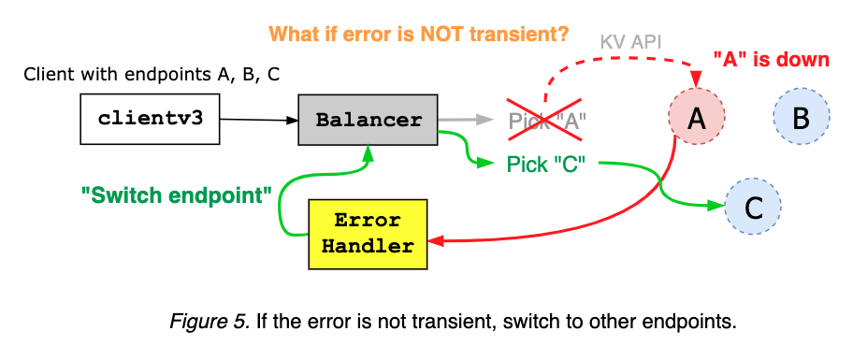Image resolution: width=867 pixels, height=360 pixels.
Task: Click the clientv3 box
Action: tap(150, 120)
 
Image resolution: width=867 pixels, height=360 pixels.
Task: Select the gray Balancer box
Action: tap(368, 120)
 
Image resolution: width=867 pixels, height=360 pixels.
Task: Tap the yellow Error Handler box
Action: tap(368, 235)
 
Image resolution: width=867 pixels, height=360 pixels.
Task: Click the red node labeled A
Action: tap(696, 118)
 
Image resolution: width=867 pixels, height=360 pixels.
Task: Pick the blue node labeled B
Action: tap(801, 118)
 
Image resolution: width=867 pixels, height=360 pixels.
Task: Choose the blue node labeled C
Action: tap(753, 205)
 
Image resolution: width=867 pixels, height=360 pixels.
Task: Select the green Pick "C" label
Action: tap(545, 164)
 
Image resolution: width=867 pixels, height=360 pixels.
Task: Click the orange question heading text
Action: tap(418, 35)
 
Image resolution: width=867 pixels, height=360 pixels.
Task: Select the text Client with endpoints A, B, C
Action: tap(152, 75)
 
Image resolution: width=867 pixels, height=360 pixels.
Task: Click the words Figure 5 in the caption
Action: tap(208, 323)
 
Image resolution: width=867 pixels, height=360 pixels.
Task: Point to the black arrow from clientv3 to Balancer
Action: tap(258, 119)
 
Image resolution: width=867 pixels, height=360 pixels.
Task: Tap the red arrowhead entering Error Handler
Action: tap(435, 241)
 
